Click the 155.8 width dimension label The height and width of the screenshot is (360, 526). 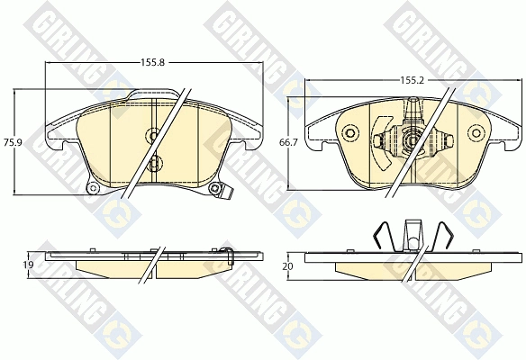click(x=152, y=62)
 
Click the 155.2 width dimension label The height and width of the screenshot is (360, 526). click(x=413, y=80)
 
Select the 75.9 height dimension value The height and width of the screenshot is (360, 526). click(x=13, y=142)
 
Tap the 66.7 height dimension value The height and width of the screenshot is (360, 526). click(x=288, y=142)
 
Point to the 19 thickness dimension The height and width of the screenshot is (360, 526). click(x=28, y=265)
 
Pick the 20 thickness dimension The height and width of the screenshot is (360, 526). click(x=288, y=266)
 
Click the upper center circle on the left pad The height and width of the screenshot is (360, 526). click(x=154, y=135)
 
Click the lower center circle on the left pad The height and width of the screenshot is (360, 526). click(x=154, y=163)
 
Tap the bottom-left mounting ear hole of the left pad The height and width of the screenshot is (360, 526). click(x=93, y=188)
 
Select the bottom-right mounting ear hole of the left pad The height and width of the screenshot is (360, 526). click(x=214, y=189)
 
